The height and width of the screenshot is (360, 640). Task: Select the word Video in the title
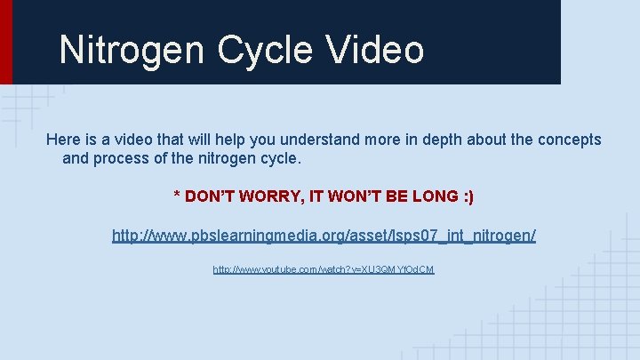pyautogui.click(x=373, y=50)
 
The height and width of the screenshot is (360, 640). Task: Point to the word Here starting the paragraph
pyautogui.click(x=63, y=140)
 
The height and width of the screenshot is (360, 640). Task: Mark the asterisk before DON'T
pyautogui.click(x=176, y=195)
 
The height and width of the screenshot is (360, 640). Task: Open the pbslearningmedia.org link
pyautogui.click(x=324, y=236)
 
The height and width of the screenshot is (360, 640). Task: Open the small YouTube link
pyautogui.click(x=324, y=268)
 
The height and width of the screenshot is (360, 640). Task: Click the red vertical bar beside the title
pyautogui.click(x=5, y=42)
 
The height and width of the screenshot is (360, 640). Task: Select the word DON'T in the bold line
pyautogui.click(x=211, y=196)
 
